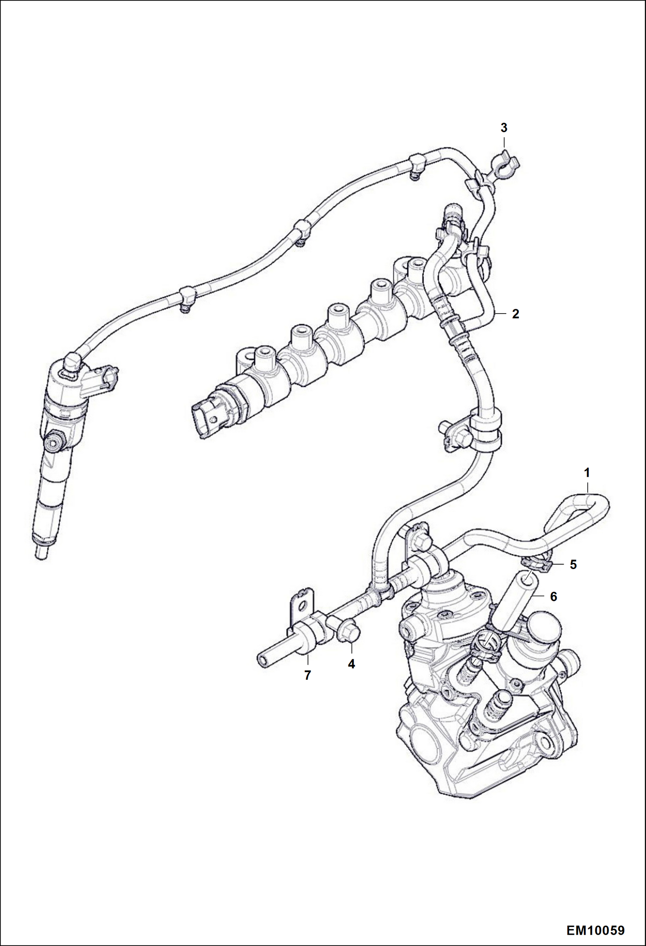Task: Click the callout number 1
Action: [586, 473]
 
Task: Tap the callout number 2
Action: [515, 314]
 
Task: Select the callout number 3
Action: [504, 128]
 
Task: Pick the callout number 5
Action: [573, 565]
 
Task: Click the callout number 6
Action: [554, 597]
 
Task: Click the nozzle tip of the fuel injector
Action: [41, 553]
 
